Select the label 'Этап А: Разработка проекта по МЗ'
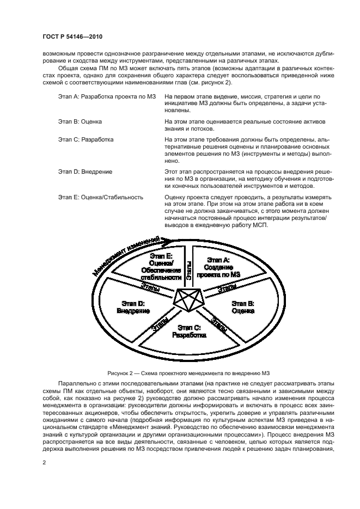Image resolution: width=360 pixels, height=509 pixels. (99, 96)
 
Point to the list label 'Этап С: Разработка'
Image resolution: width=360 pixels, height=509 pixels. (86, 139)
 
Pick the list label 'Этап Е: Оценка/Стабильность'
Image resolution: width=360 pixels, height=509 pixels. (100, 197)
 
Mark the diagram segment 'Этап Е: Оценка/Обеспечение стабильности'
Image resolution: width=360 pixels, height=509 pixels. (160, 266)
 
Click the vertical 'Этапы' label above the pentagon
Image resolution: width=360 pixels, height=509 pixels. (188, 270)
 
